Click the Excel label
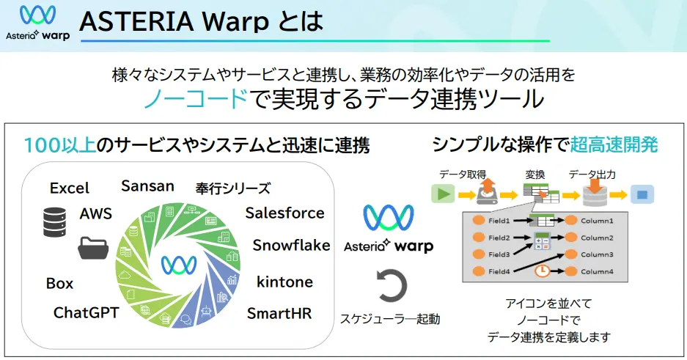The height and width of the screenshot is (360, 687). [x=69, y=188]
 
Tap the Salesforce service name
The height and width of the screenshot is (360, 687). [x=284, y=213]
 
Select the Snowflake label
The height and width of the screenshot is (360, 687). [x=291, y=246]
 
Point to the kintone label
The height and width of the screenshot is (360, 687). [x=284, y=282]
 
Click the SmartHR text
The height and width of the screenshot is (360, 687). [x=279, y=314]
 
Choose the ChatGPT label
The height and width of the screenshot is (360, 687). [x=86, y=313]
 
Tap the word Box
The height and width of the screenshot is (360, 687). [x=59, y=284]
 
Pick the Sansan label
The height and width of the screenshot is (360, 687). [x=148, y=185]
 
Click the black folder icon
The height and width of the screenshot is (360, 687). [x=93, y=248]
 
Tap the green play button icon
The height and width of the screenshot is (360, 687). [x=442, y=194]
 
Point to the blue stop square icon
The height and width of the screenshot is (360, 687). [x=642, y=195]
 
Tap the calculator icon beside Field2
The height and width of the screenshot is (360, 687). [x=543, y=240]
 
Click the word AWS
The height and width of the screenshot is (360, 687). [x=95, y=213]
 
